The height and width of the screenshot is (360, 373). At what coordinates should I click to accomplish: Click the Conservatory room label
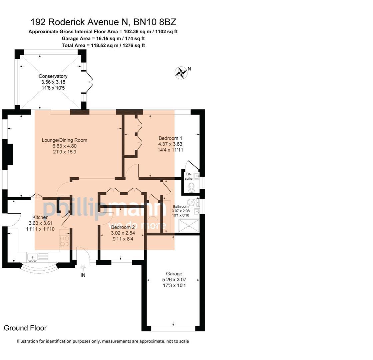point(53,76)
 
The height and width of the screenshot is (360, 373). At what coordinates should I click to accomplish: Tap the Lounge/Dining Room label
point(64,140)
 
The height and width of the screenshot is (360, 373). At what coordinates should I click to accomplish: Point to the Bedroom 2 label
point(123,233)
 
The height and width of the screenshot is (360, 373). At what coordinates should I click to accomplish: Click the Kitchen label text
point(40,217)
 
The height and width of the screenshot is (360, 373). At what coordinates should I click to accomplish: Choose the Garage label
point(174,274)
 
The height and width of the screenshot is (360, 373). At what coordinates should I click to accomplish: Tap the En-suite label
point(188,176)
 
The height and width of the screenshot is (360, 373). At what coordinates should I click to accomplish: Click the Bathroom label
point(181,207)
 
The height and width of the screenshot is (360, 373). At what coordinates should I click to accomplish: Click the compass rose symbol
point(181,73)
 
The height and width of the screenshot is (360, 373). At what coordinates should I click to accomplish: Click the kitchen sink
point(33,257)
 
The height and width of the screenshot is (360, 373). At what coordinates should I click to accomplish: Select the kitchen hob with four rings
point(64,241)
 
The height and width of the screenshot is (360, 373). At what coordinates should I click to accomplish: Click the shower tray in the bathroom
point(188,226)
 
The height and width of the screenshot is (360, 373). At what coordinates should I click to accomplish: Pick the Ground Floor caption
point(25,328)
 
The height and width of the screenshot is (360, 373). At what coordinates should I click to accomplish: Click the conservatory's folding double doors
point(89,82)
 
